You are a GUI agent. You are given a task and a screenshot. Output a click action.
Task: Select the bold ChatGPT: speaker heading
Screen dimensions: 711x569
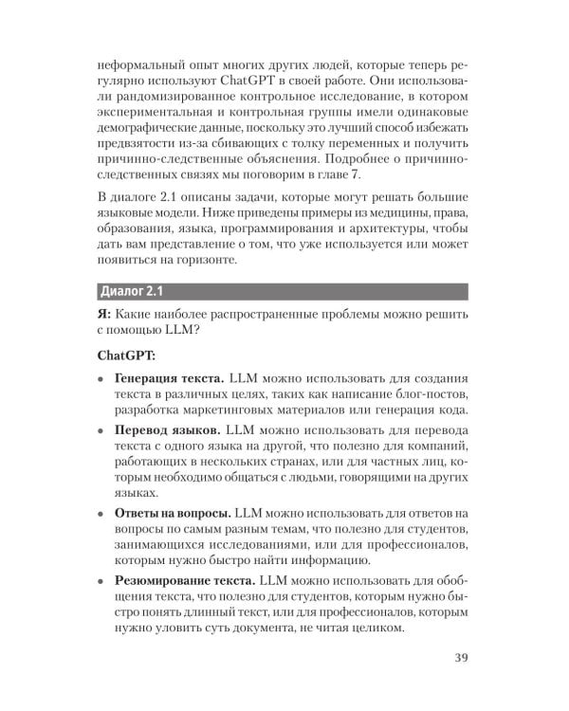tap(128, 357)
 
